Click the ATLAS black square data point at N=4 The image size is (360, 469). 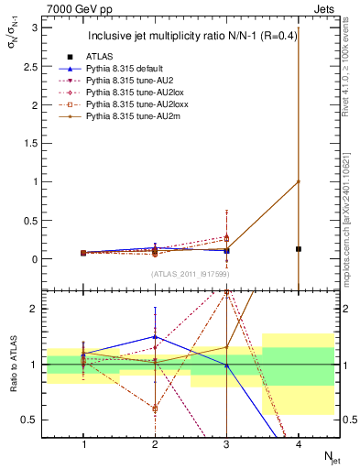[299, 248]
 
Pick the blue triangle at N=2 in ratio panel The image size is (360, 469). [155, 336]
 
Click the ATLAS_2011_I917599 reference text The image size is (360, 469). [191, 272]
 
